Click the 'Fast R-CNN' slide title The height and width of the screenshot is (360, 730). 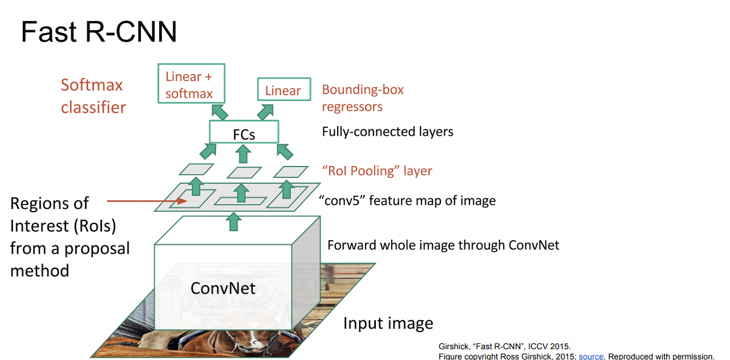pos(99,32)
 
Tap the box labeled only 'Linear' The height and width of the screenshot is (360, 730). pos(283,91)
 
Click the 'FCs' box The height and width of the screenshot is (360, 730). pos(244,132)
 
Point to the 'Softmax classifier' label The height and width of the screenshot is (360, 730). pos(93,96)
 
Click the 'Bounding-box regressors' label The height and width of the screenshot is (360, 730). pos(363,98)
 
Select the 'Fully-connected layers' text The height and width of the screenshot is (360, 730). pos(387,132)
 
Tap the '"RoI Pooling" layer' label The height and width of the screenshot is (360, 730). pos(377,171)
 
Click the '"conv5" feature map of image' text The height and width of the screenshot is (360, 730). pos(407,201)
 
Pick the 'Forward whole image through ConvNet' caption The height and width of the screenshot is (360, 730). pos(443,245)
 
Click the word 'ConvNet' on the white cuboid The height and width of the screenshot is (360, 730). pos(223,288)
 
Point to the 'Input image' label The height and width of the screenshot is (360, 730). pos(388,323)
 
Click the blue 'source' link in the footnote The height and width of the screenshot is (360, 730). pos(591,356)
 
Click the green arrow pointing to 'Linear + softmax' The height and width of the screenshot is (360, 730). pos(220,111)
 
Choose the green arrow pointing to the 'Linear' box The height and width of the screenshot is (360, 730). pos(266,111)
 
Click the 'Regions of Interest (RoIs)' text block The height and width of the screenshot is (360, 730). pos(70,236)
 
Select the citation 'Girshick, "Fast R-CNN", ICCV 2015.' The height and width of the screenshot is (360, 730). pos(504,346)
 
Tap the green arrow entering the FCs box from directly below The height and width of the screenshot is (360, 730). pos(244,153)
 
